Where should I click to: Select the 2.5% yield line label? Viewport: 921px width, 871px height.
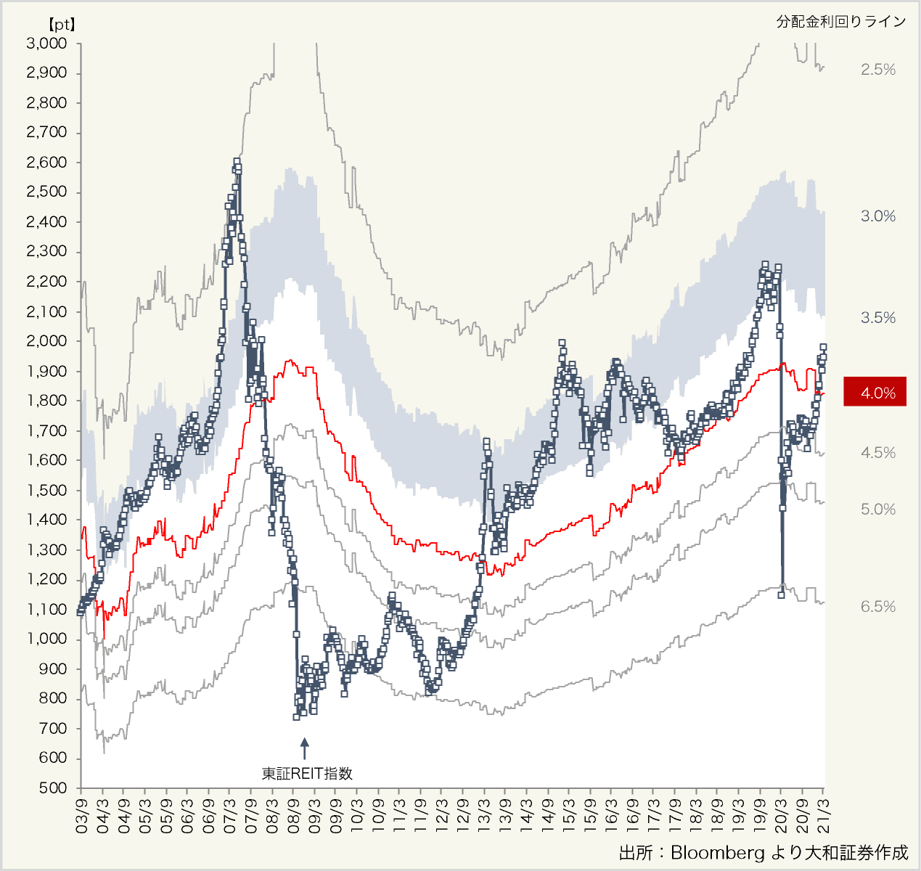tap(878, 70)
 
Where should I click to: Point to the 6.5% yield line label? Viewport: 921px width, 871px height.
tap(878, 607)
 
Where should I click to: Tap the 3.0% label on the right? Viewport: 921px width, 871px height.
tap(878, 216)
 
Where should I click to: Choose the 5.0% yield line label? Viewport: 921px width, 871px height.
tap(878, 510)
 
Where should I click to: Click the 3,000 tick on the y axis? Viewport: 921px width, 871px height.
tap(46, 44)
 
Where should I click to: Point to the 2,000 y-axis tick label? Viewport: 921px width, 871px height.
tap(46, 341)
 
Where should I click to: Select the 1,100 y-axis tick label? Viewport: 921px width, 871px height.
tap(46, 610)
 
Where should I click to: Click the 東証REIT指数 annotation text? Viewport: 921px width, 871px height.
tap(307, 774)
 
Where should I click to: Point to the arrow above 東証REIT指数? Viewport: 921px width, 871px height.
tap(305, 748)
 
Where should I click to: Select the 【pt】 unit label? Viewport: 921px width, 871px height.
tap(61, 23)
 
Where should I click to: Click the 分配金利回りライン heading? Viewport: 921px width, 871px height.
tap(841, 22)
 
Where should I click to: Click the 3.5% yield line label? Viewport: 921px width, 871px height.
tap(878, 318)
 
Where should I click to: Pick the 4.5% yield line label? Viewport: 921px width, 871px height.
tap(878, 453)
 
